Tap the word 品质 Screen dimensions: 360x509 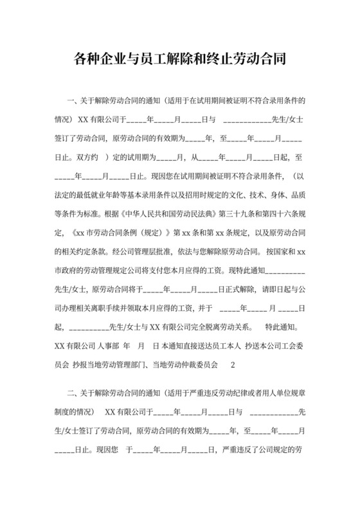296,175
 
